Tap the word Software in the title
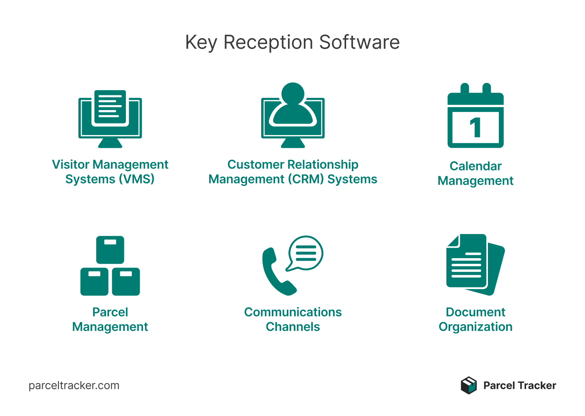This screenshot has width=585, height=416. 359,42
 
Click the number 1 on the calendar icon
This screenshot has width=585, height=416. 476,128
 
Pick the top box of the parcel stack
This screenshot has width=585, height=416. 110,249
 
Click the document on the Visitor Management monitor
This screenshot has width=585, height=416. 110,107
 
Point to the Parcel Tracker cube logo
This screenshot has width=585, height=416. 468,385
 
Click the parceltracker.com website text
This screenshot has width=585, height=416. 74,386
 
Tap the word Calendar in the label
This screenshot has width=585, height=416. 475,166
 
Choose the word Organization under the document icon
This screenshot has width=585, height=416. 475,327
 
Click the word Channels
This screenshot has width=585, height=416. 292,327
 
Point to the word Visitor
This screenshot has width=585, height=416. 71,164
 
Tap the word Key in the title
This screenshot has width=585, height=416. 201,43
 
